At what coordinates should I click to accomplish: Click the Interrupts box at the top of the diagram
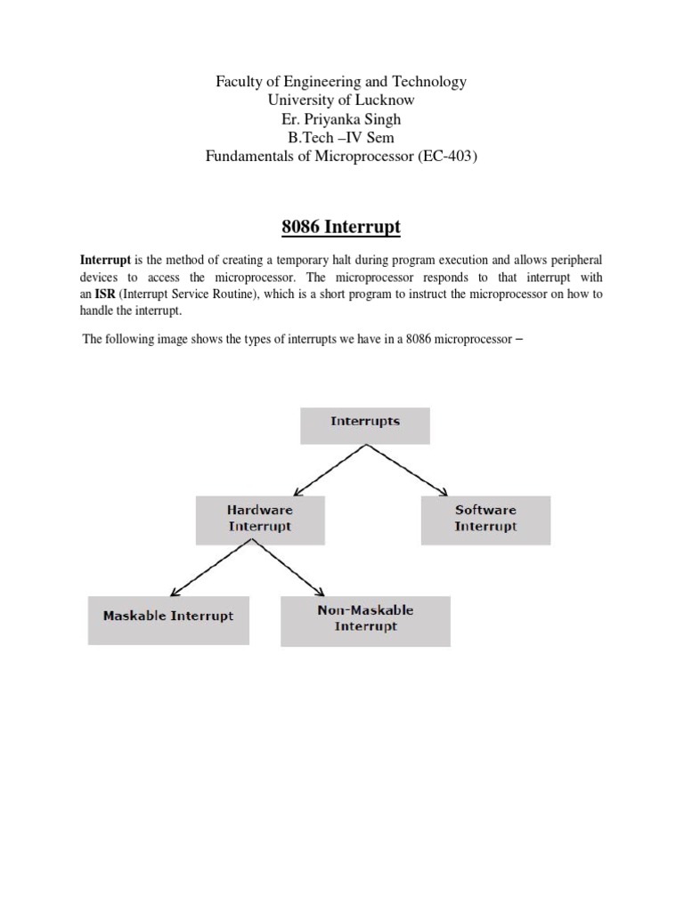(x=365, y=425)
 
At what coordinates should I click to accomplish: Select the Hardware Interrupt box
(x=260, y=519)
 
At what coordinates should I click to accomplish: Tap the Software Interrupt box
(x=485, y=519)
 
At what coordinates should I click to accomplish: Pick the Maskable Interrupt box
(x=168, y=617)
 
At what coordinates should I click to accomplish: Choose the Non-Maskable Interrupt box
(x=365, y=619)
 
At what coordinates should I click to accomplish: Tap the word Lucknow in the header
(x=383, y=101)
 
